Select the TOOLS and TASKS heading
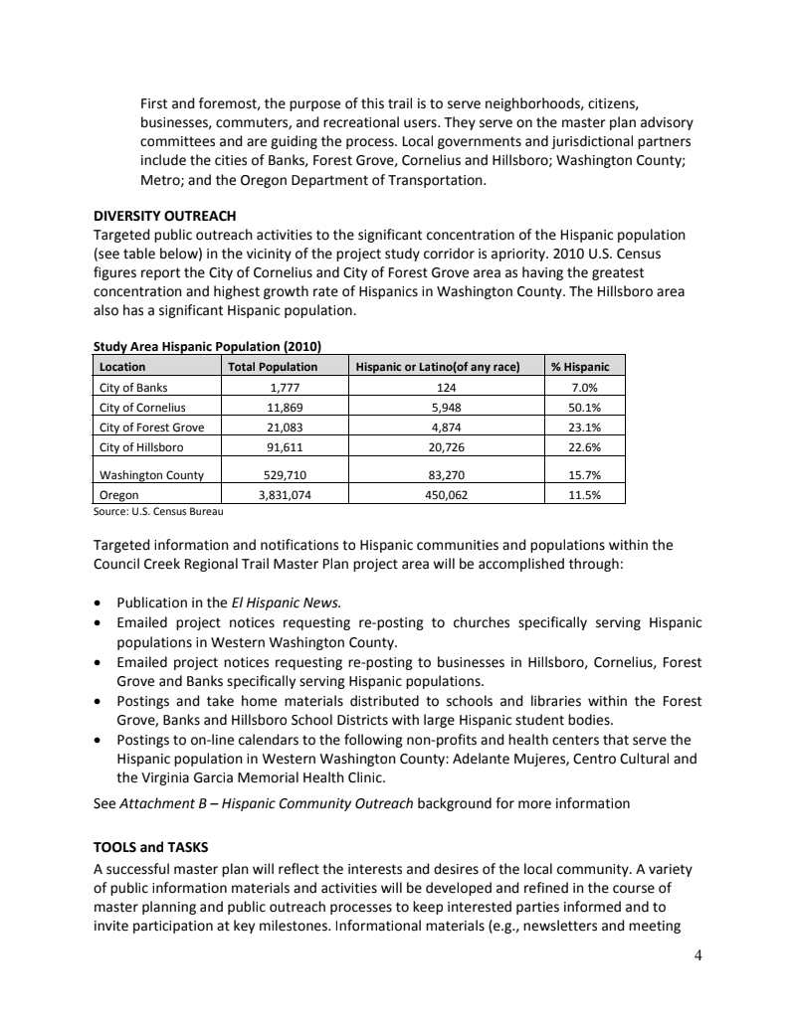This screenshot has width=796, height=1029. (x=150, y=847)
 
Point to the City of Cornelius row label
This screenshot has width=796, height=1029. (x=143, y=407)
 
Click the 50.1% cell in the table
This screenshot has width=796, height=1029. (x=585, y=407)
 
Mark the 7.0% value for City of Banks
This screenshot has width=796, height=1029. (x=585, y=387)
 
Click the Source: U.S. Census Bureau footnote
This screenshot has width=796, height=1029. (x=158, y=511)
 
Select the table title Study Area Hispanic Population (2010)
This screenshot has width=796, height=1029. (x=207, y=346)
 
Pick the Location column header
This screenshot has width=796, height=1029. (x=123, y=367)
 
